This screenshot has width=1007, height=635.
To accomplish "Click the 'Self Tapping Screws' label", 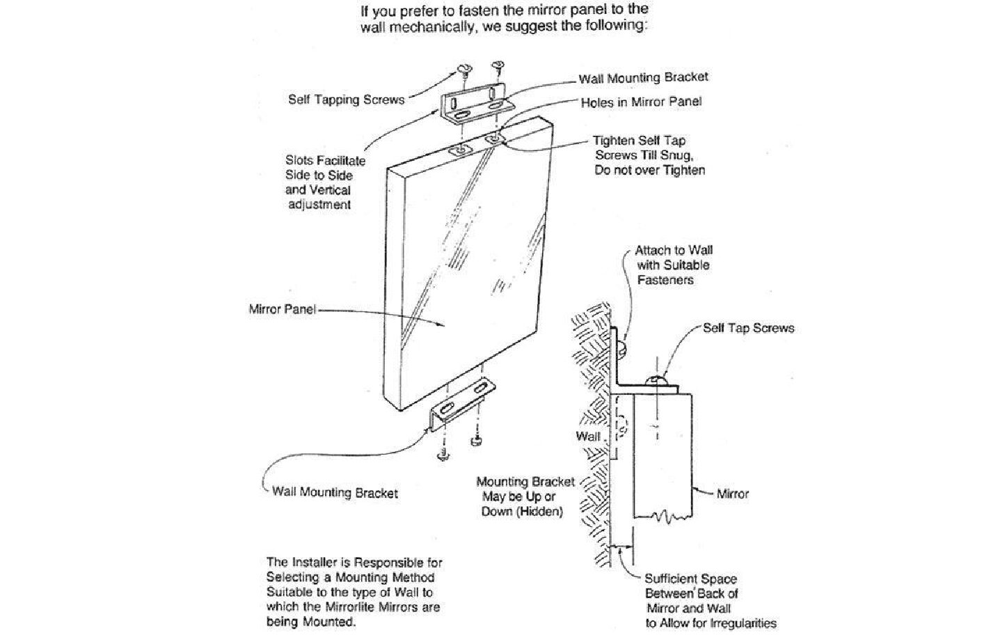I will (x=346, y=100).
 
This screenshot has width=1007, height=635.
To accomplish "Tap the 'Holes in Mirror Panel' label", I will (x=641, y=102).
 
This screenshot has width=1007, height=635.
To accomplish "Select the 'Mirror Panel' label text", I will (x=282, y=308).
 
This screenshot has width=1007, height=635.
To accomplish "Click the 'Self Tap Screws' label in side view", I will (x=748, y=328).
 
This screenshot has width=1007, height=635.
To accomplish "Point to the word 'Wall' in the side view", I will (x=587, y=437).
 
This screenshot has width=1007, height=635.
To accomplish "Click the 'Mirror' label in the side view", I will (x=732, y=494).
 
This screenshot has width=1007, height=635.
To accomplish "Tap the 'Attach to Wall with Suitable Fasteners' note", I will (x=673, y=265).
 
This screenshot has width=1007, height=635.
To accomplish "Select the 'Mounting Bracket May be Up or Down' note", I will (x=525, y=496).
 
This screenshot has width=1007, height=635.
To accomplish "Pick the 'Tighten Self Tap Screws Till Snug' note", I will (x=649, y=155).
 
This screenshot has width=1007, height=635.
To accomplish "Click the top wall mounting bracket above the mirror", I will (x=475, y=107).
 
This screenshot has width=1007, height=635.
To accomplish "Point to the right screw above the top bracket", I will (x=498, y=67).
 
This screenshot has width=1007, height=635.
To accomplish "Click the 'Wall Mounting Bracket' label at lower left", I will (x=335, y=493).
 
